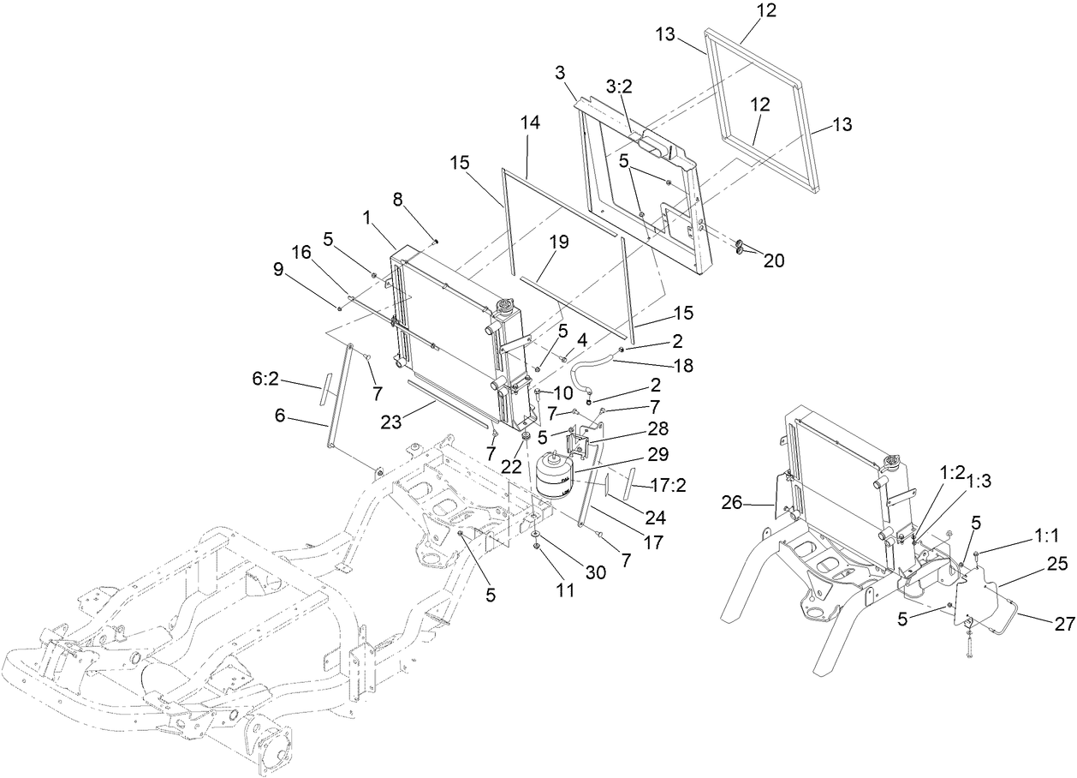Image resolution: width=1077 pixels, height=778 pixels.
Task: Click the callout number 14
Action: coord(530,123)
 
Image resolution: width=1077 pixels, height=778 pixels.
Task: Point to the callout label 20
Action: coord(774,260)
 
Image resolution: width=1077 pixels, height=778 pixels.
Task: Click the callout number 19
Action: coord(558,242)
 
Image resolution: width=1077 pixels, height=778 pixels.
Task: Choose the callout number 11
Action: coord(540,590)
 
